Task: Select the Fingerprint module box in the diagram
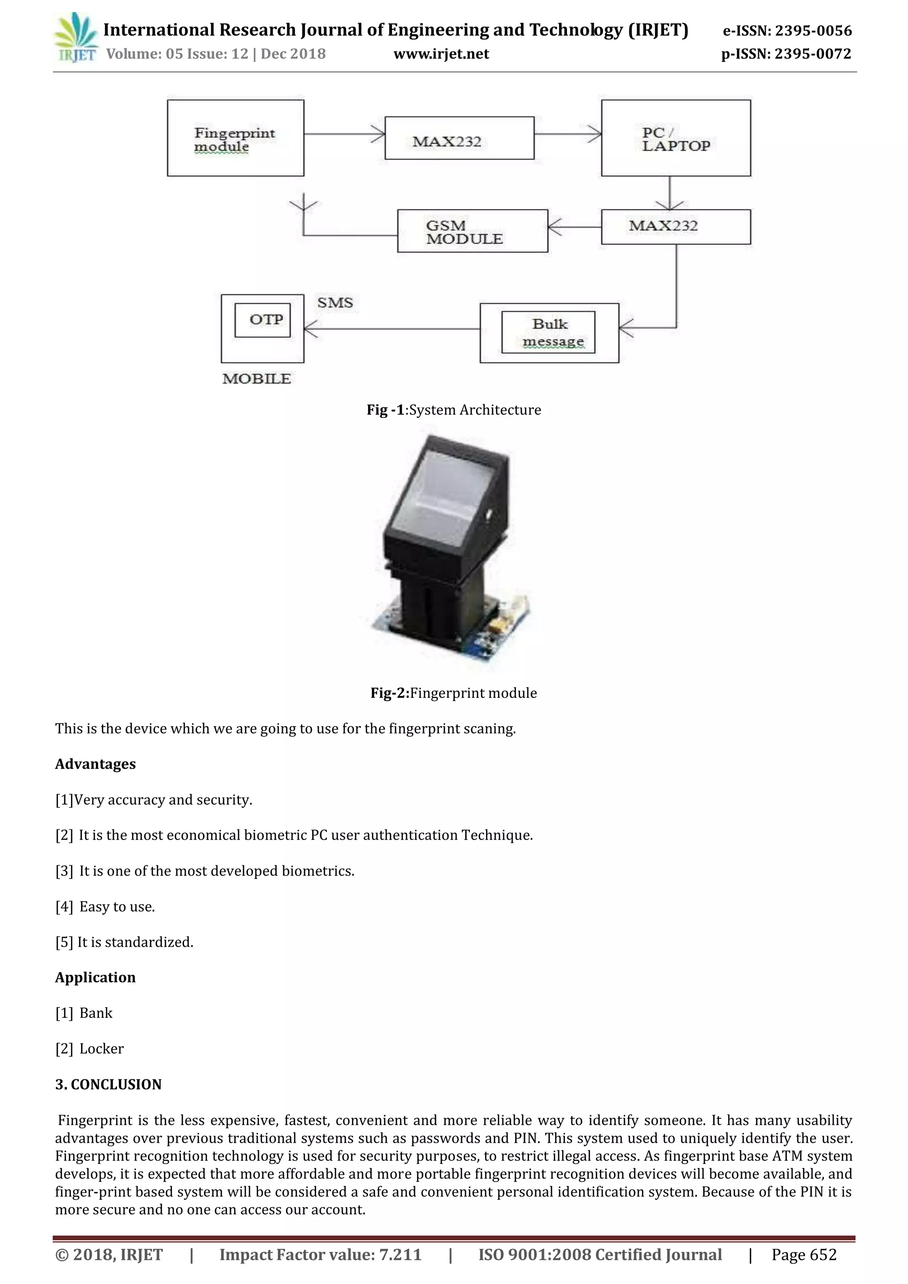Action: coord(235,138)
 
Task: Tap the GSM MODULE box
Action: coord(472,231)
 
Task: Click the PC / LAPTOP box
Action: coord(676,138)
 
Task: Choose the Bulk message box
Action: coord(549,333)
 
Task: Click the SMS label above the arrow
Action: coord(335,303)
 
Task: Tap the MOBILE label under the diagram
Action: coord(257,379)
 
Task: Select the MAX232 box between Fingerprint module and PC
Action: coord(459,139)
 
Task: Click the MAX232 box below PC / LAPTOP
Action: coord(676,226)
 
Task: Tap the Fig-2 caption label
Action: coord(453,693)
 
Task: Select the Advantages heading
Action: coord(95,764)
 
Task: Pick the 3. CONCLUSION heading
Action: coord(108,1084)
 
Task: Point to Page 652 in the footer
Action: coord(804,1254)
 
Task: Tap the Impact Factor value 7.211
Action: coord(400,1254)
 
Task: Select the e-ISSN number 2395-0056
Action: coord(814,31)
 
